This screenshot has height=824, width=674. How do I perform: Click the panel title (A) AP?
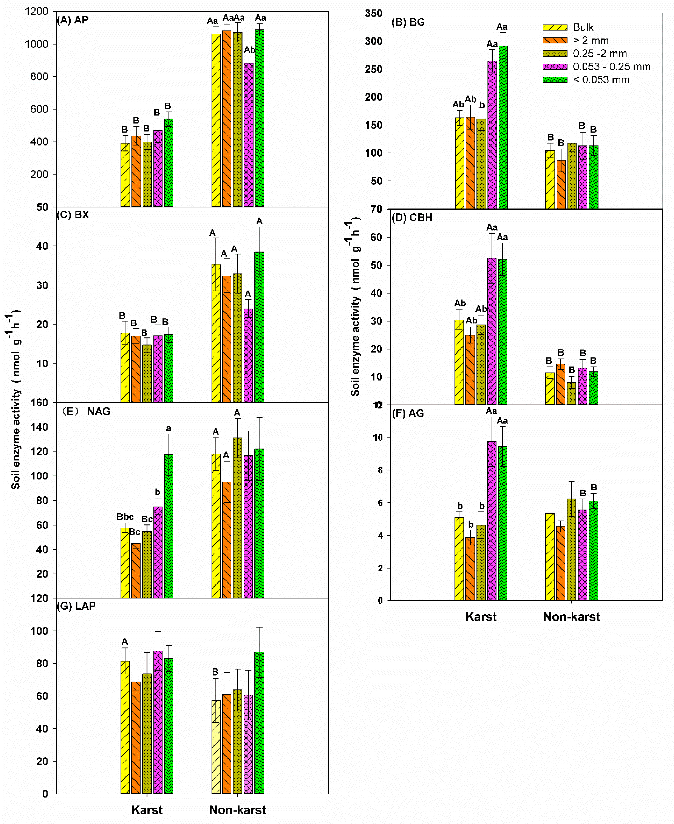coord(73,20)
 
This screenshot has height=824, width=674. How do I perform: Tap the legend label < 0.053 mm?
coord(601,80)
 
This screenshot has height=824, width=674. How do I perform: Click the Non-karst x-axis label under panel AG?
coord(571,617)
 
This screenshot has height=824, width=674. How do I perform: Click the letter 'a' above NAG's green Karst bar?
coord(169,429)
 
